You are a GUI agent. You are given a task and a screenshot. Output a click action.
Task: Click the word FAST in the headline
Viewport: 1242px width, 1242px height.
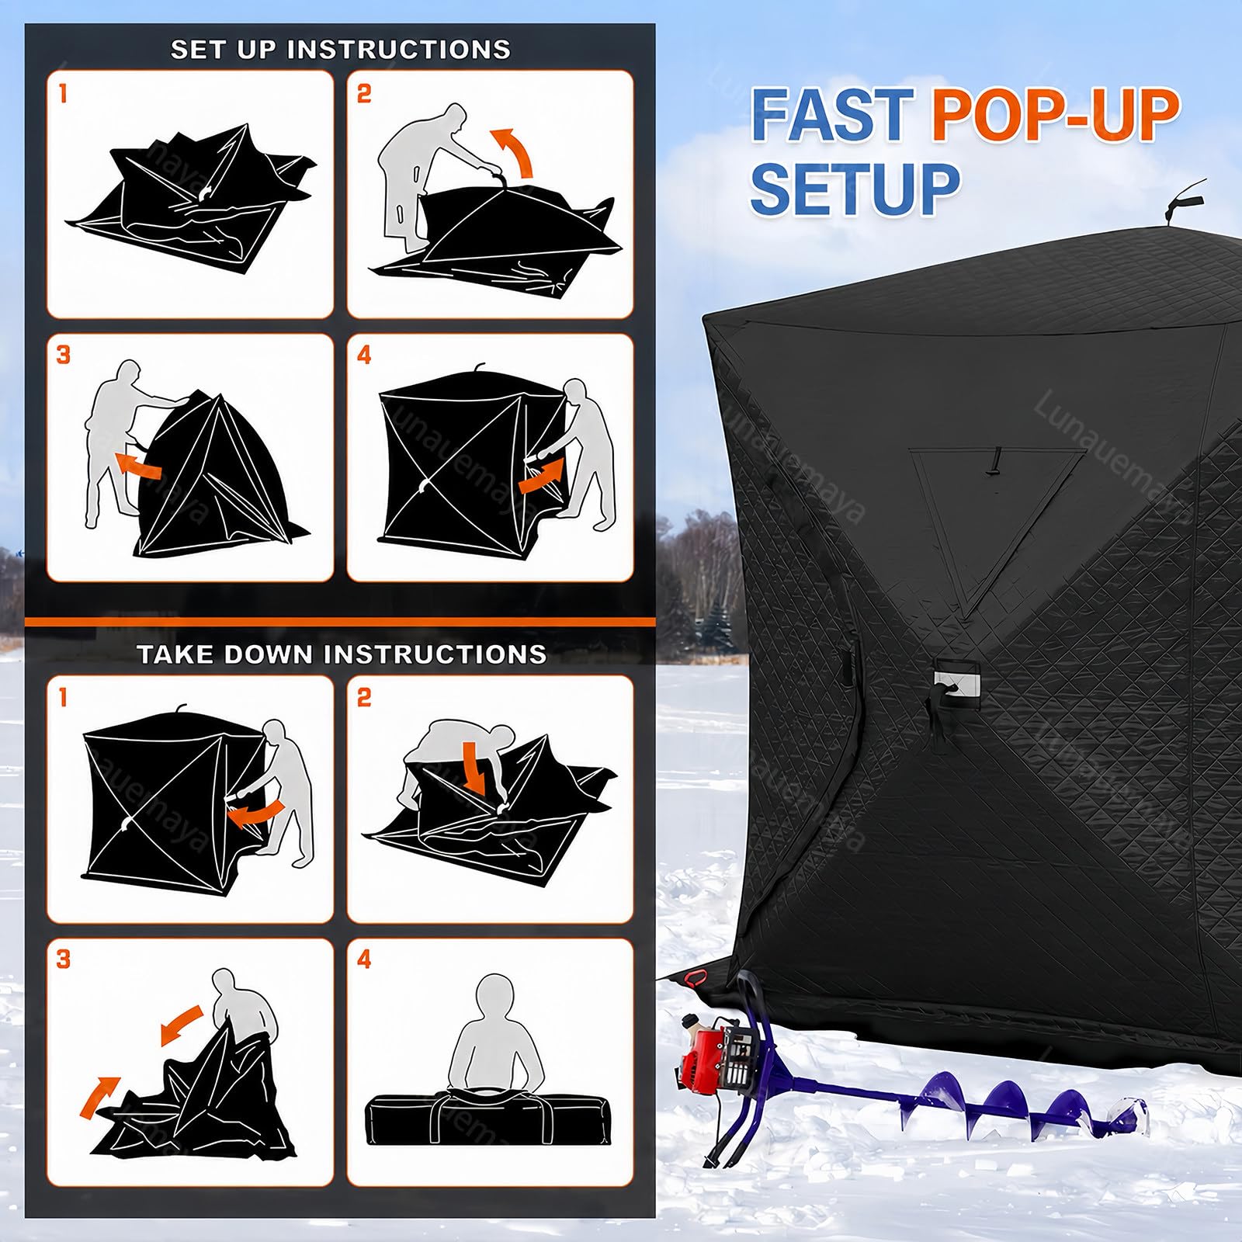pos(833,115)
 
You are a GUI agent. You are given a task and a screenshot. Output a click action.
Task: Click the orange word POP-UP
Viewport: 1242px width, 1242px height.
pos(1056,115)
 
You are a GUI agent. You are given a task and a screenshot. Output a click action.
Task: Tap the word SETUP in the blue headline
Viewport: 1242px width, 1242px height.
pos(855,188)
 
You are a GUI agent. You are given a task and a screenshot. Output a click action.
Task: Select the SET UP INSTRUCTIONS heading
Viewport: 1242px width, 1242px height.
pos(341,50)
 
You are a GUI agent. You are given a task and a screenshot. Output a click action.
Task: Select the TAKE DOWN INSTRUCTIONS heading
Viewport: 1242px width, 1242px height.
pos(342,654)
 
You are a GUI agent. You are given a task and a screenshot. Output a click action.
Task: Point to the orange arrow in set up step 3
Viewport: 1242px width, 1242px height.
pos(138,466)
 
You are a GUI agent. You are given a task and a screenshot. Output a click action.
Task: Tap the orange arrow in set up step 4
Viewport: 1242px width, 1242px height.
pos(541,474)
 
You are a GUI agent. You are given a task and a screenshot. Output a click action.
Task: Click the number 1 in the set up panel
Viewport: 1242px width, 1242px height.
pos(63,94)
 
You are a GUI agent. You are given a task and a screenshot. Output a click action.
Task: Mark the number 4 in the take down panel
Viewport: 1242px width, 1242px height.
pos(364,959)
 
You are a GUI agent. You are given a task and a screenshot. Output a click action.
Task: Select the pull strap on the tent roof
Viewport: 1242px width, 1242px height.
pos(1184,197)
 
